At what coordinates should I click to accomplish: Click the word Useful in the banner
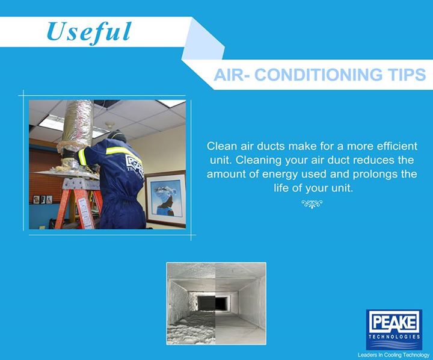89,33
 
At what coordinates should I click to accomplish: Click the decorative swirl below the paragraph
312,203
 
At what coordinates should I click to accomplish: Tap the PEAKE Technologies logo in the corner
394,329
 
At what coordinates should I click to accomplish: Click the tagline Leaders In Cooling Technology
393,355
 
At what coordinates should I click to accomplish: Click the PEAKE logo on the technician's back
135,166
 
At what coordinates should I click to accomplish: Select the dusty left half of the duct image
191,303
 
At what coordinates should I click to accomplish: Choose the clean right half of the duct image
241,303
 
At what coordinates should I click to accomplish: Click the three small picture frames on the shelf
43,199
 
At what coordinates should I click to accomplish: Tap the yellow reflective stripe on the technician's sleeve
82,157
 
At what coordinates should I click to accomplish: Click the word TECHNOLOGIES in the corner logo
394,337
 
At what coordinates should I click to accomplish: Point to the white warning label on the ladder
85,213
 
